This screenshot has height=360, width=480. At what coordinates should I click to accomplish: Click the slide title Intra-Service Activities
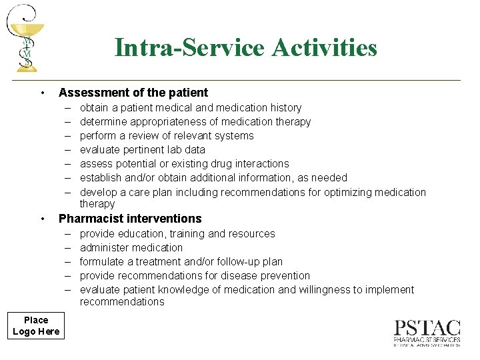(x=245, y=48)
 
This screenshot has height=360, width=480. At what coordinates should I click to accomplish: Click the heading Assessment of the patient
(x=133, y=93)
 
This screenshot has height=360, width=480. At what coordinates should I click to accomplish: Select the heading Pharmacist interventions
(x=130, y=219)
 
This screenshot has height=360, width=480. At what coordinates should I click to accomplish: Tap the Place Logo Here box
(x=36, y=326)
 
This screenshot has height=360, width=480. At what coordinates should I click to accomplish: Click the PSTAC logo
(x=427, y=333)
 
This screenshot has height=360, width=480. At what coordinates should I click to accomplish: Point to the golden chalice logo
(x=25, y=38)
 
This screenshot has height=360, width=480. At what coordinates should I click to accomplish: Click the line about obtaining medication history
(x=190, y=107)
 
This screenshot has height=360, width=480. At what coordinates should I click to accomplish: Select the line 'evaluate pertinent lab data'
(x=142, y=149)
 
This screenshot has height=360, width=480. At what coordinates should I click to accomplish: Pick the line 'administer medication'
(x=131, y=247)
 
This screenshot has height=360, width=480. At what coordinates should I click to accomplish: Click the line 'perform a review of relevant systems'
(x=167, y=135)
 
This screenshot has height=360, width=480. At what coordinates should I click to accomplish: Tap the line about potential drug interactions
(x=184, y=163)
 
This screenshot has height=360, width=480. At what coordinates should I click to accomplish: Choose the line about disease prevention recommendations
(x=195, y=275)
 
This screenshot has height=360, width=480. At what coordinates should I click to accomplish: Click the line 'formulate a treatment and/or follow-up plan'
(x=181, y=261)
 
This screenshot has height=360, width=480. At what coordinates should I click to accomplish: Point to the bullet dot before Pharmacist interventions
(x=42, y=219)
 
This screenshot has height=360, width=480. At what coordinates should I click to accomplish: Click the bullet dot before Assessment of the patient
(x=42, y=93)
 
